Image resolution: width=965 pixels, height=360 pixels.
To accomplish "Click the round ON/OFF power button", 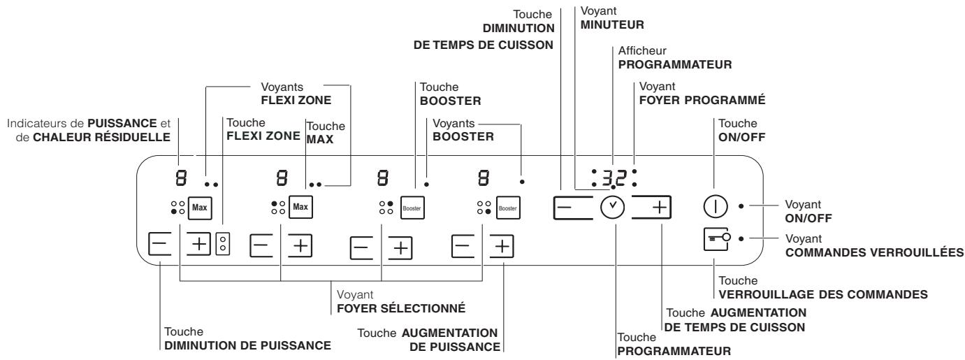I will tap(713, 207).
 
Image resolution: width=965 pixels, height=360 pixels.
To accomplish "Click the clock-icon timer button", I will tap(613, 208).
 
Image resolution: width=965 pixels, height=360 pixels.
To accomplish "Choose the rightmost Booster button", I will tap(508, 208).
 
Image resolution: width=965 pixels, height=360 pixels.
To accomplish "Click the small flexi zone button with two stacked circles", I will tap(222, 244).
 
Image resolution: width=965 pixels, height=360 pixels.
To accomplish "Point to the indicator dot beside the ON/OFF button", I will tap(741, 207).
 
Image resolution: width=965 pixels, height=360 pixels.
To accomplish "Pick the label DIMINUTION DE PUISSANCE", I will tap(247, 345).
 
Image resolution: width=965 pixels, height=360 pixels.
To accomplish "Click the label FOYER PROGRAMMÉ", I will tap(702, 100).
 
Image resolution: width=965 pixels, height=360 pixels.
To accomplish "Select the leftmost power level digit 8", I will tap(180, 178).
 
